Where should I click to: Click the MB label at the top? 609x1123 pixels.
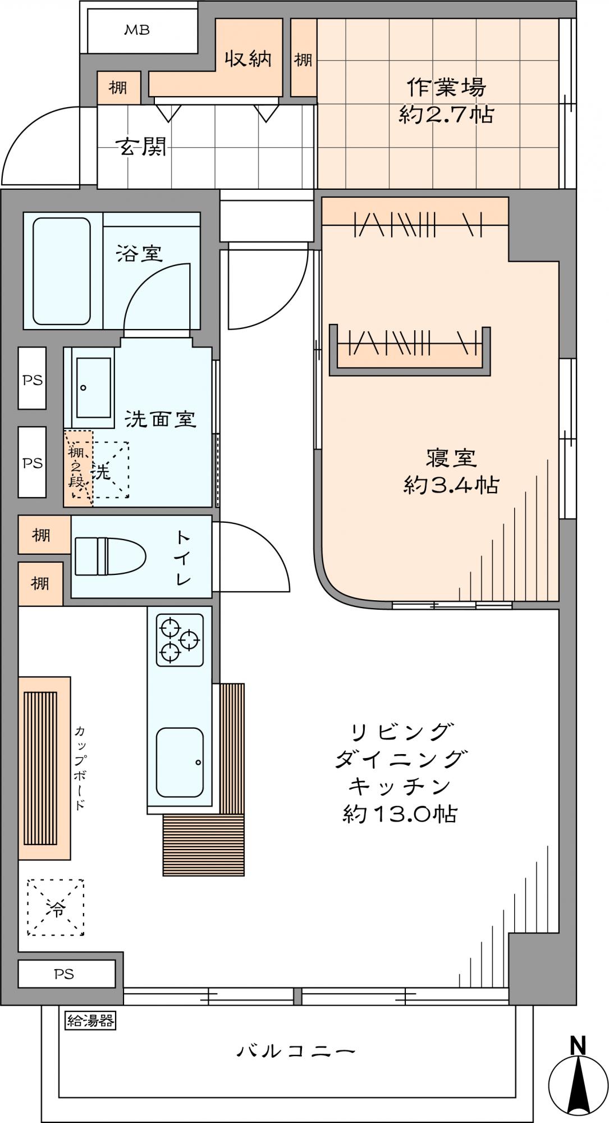click(136, 30)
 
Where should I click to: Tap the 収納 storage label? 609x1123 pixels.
click(249, 58)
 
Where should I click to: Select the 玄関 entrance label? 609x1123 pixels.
click(140, 147)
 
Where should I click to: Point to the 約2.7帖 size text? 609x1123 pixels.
click(446, 115)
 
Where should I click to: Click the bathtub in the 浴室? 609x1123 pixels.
click(62, 271)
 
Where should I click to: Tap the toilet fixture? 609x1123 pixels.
click(109, 556)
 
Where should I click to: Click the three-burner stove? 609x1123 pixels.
click(180, 640)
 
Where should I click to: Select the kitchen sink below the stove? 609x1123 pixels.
click(180, 762)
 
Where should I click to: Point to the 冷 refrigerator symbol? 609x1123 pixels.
click(56, 907)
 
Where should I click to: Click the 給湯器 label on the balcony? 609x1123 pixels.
click(90, 1020)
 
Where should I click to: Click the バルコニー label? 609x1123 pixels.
click(295, 1050)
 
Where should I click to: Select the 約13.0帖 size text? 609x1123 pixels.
click(400, 814)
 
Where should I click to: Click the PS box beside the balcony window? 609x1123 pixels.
click(67, 974)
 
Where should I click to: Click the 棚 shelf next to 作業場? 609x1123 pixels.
click(303, 58)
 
